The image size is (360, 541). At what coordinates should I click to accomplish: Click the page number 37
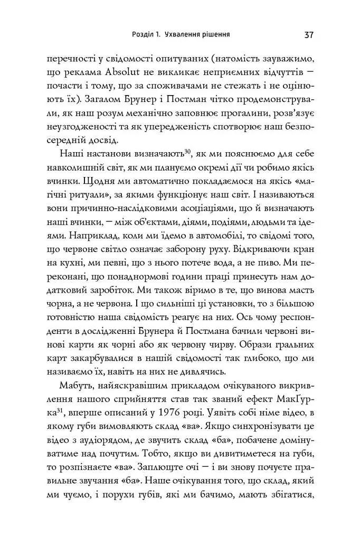(x=309, y=35)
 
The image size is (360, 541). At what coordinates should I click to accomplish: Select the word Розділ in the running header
(x=144, y=35)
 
